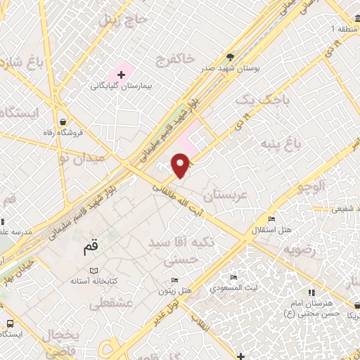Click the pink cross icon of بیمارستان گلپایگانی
click(122, 74)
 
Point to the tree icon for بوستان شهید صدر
click(231, 57)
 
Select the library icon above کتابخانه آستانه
click(94, 269)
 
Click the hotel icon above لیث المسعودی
click(233, 277)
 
